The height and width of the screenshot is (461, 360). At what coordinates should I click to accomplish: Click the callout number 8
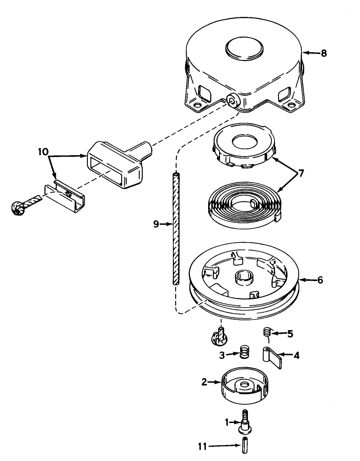click(323, 53)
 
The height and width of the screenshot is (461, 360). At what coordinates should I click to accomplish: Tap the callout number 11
click(202, 447)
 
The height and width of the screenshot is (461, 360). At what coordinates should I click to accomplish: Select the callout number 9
click(156, 224)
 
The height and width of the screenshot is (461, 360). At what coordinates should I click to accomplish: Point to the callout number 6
click(320, 280)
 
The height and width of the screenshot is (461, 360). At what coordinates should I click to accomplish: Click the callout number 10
click(43, 152)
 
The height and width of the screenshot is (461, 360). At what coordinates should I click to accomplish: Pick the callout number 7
click(301, 173)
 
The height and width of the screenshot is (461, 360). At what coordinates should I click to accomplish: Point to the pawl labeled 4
click(272, 357)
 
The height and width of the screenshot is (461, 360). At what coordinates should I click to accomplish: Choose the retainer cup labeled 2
click(245, 385)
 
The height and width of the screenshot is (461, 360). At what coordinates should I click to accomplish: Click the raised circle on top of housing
click(244, 49)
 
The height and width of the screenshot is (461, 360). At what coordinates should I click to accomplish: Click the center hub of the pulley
click(244, 278)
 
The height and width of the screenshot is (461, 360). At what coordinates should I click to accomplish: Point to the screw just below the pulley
click(220, 336)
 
